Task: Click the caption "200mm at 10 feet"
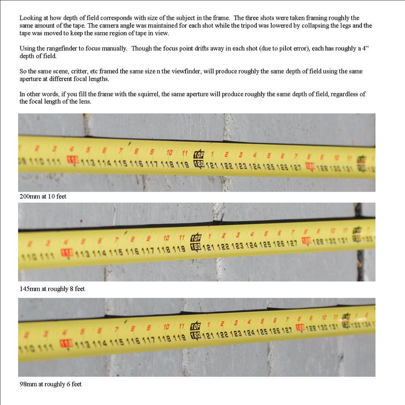[x=43, y=196]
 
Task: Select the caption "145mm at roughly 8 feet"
[x=52, y=289]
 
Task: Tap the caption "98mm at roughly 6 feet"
[x=50, y=384]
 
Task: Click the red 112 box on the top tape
[x=73, y=160]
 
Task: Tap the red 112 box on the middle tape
[x=67, y=253]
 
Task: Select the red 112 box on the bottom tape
[x=66, y=343]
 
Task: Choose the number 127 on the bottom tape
[x=287, y=330]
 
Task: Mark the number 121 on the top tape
[x=212, y=165]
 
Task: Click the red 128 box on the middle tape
[x=306, y=240]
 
